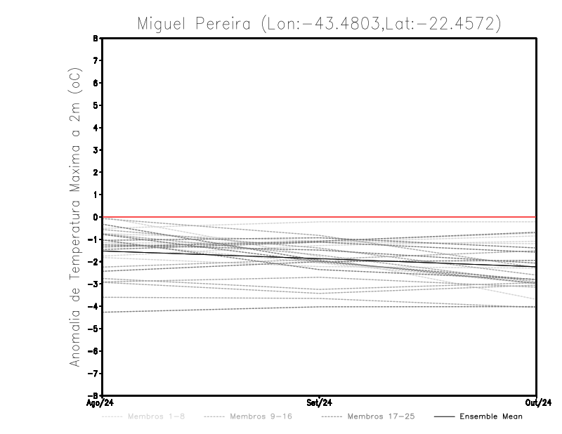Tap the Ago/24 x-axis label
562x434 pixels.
[100, 403]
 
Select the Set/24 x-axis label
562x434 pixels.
[320, 403]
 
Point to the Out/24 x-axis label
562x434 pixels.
[537, 403]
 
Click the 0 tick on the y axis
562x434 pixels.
[95, 217]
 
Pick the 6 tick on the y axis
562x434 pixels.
[95, 83]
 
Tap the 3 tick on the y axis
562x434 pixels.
[95, 150]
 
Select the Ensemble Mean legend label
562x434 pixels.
[491, 417]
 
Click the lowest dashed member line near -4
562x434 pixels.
[211, 309]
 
